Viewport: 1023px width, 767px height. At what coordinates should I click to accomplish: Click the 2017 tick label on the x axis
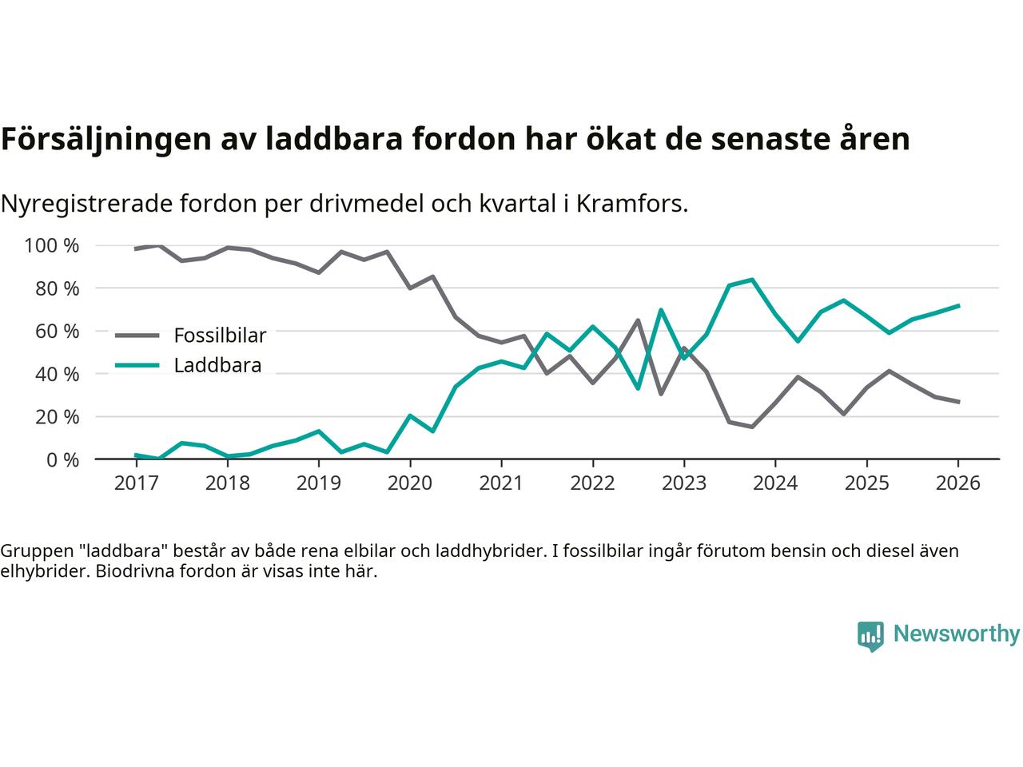(136, 484)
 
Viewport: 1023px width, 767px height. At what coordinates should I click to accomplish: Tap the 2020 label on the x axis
(410, 484)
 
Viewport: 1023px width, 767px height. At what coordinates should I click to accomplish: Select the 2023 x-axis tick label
(683, 484)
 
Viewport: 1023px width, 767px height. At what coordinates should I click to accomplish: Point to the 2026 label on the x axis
(957, 484)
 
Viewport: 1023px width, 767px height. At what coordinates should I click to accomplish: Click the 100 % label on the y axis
(52, 245)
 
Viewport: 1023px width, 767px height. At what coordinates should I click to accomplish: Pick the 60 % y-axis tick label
(58, 331)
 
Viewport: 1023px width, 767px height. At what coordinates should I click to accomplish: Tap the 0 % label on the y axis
(62, 459)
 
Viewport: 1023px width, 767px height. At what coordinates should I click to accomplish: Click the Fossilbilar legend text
(220, 336)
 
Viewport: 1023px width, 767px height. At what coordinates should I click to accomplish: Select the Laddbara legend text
(217, 366)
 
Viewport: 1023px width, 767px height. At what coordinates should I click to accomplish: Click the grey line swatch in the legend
(137, 336)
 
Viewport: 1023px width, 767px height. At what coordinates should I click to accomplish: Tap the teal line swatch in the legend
(137, 366)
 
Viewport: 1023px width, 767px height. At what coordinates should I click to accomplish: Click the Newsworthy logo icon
(870, 636)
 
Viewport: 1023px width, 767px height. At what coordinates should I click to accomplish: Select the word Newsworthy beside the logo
(956, 634)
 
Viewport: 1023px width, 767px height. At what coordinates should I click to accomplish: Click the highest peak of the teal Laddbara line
(752, 280)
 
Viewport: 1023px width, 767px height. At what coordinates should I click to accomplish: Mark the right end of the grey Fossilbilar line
(958, 402)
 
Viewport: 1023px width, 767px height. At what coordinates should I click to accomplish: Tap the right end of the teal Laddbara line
(958, 305)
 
